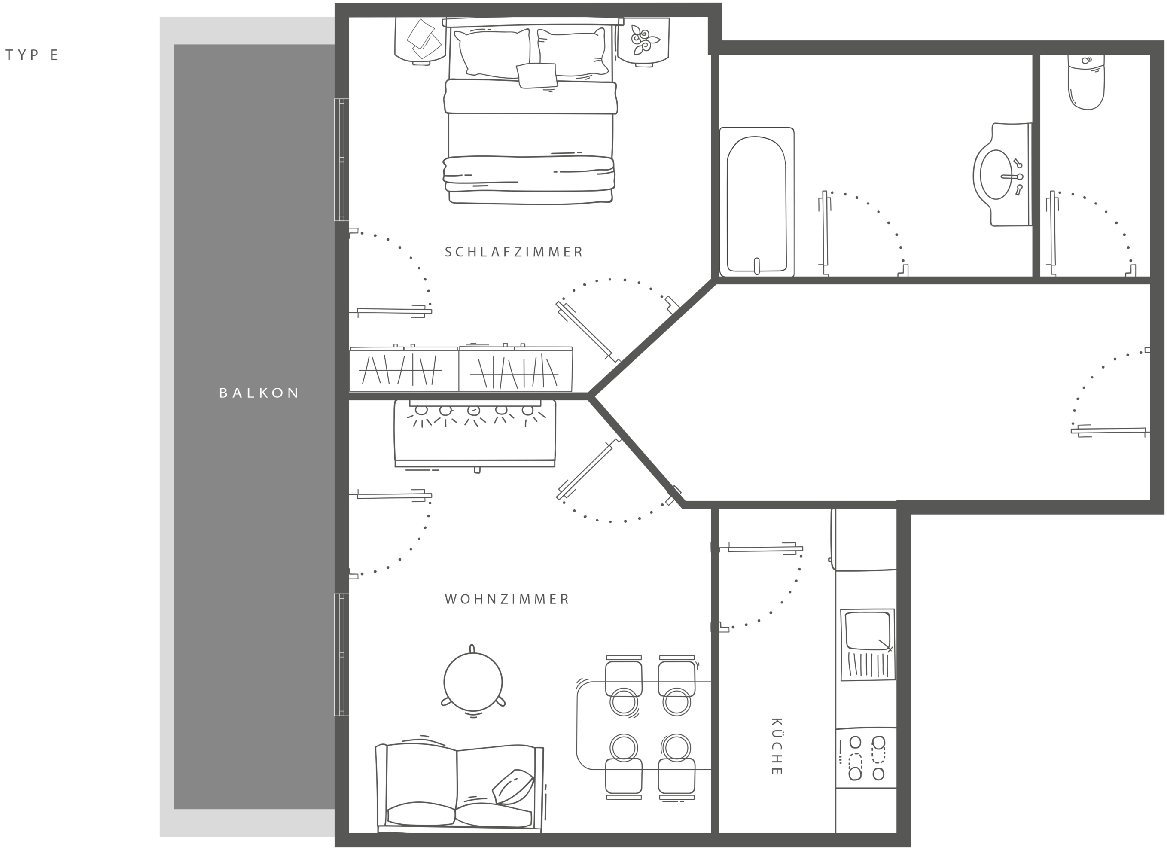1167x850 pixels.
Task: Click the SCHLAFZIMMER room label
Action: point(514,252)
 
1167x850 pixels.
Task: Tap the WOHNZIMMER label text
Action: point(507,600)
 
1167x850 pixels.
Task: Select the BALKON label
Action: point(259,393)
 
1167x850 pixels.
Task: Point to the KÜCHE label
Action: point(777,746)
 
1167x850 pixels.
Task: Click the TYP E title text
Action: point(32,55)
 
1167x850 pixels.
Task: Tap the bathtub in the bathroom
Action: point(756,202)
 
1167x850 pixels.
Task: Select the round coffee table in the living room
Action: point(473,681)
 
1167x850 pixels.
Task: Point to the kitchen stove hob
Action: point(866,758)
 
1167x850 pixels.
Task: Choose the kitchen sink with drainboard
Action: point(868,645)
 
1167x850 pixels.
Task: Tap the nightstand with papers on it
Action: point(420,41)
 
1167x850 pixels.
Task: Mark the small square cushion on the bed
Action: point(536,75)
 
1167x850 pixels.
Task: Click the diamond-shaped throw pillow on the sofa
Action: point(513,787)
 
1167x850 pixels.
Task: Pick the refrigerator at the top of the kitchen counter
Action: point(865,539)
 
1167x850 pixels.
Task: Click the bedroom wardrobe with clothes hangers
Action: point(460,369)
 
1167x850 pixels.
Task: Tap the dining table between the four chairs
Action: point(643,725)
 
